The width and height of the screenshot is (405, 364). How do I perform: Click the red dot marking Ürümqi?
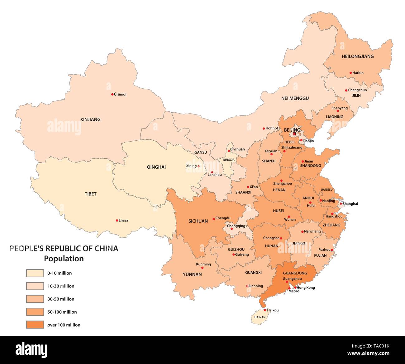coord(112,94)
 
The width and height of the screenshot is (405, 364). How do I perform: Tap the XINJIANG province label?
coord(90,119)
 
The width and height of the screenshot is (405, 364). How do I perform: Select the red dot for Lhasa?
coord(117,220)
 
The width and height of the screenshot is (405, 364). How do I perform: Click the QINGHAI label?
coord(156,167)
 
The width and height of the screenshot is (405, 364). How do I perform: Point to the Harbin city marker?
coord(350,73)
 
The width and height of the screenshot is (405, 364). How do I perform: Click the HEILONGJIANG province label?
coord(358,56)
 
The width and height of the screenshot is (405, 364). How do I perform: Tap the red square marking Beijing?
coord(294,134)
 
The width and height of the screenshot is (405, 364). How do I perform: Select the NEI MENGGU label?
coord(295,98)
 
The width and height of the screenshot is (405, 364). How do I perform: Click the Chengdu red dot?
coord(213,219)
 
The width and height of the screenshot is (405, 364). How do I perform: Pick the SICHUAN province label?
coord(198,221)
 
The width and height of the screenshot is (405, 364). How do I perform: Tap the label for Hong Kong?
coord(306,287)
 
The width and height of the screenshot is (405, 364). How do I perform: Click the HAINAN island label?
coord(260,317)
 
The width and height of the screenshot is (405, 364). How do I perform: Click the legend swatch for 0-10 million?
coord(35,273)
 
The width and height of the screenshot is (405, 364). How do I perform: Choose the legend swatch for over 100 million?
coord(35,325)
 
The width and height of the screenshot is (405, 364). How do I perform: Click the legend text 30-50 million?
coord(61,299)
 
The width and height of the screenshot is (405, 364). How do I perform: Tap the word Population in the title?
coord(64,259)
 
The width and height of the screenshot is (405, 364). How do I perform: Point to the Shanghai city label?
coord(350,204)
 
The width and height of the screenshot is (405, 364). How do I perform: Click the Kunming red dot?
coord(202,268)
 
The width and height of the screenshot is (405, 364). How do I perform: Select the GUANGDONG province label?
coord(295,273)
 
